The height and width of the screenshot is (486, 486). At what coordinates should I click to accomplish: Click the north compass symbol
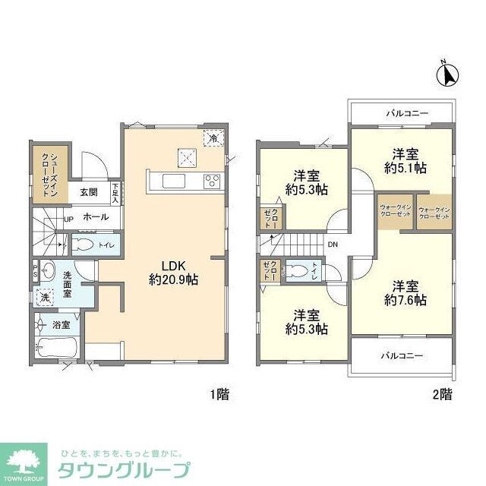(x=449, y=75)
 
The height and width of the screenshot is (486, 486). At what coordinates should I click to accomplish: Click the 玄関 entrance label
(x=89, y=192)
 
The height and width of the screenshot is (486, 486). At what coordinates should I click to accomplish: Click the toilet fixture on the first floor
(x=84, y=245)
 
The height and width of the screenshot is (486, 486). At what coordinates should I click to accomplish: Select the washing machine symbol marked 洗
(x=46, y=298)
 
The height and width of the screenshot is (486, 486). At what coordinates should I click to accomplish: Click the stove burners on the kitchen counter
(x=211, y=181)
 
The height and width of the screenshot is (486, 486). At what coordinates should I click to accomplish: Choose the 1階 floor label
(x=219, y=394)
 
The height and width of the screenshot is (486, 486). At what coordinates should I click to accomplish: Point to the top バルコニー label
(x=406, y=114)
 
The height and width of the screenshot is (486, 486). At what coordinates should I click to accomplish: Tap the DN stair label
(x=333, y=245)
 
